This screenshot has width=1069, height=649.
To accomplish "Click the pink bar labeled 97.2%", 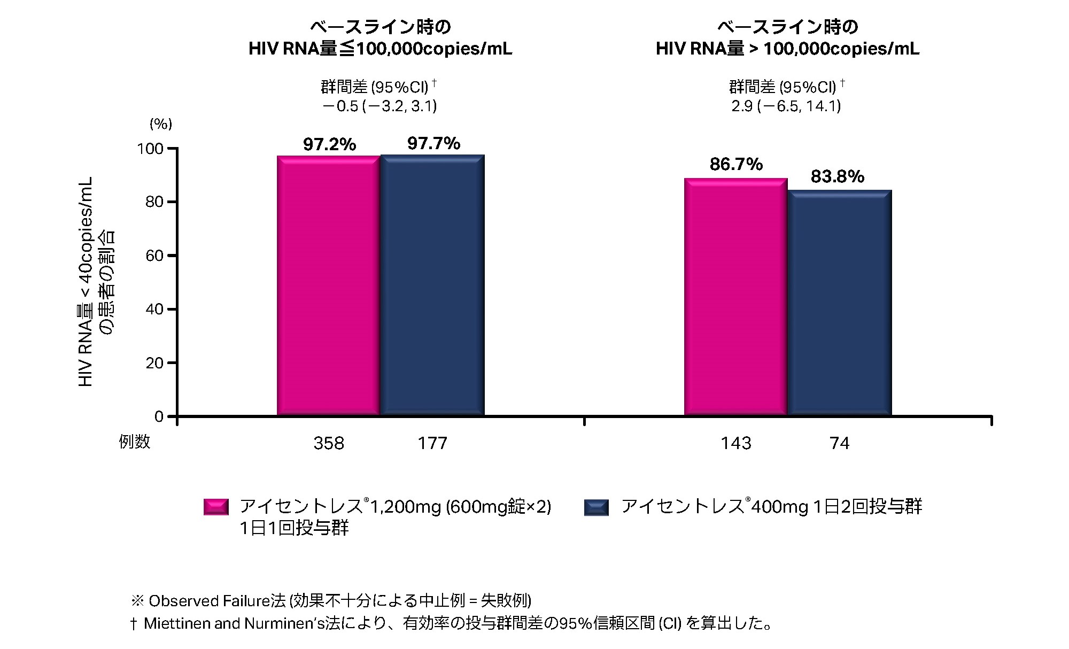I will [x=328, y=286].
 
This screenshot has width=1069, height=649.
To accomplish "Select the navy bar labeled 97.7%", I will [x=432, y=285].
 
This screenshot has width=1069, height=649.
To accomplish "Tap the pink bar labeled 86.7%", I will [x=736, y=297].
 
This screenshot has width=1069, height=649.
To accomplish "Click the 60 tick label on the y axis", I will [x=154, y=256].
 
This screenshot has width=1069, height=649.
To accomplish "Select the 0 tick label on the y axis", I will [x=158, y=417].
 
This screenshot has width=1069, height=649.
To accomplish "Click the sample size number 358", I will [x=329, y=443].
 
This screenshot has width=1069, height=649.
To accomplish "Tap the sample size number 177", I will [x=432, y=443].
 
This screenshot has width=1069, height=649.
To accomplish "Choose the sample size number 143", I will [x=736, y=443].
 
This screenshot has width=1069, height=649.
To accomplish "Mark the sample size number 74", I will [x=840, y=443].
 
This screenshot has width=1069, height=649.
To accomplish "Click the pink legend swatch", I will [x=216, y=507].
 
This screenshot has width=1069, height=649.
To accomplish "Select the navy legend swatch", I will [x=597, y=507].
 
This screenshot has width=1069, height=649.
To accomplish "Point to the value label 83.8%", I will [x=838, y=176].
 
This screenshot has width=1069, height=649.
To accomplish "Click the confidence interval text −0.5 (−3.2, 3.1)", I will [x=379, y=106].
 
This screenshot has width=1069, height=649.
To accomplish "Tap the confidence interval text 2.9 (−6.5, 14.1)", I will [x=786, y=106].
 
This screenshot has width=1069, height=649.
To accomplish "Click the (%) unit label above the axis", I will [x=160, y=124].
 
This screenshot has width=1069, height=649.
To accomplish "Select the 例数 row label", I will [x=135, y=442].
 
